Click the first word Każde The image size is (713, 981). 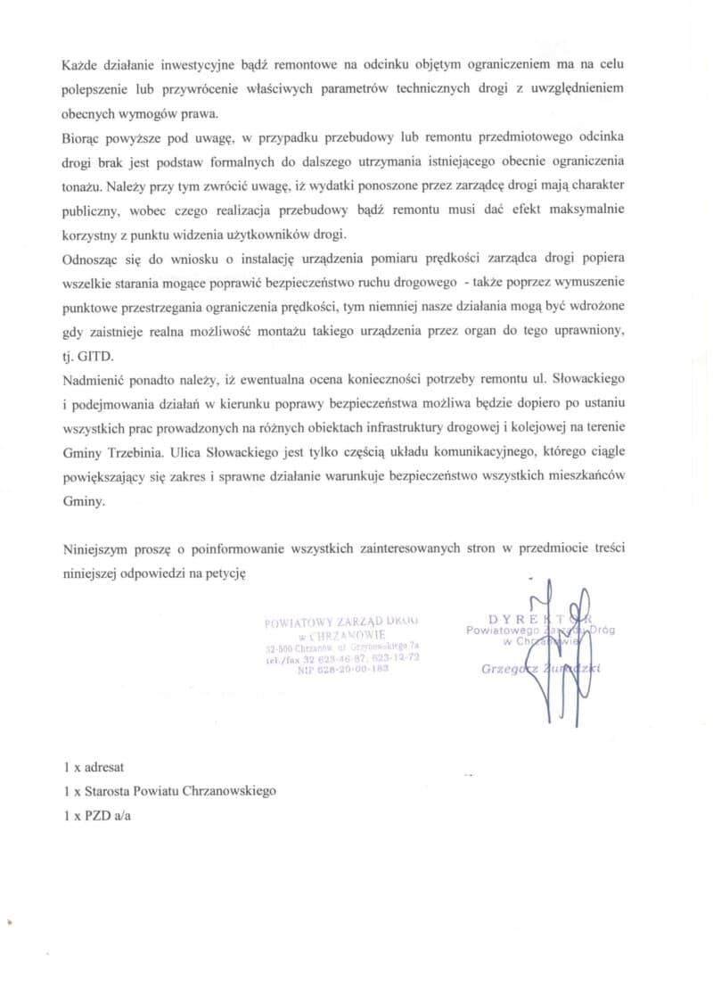[81, 65]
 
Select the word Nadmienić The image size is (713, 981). [94, 381]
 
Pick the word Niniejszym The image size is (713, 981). [97, 549]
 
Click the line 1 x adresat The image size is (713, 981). [94, 766]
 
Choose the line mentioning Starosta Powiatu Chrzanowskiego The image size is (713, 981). [170, 790]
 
